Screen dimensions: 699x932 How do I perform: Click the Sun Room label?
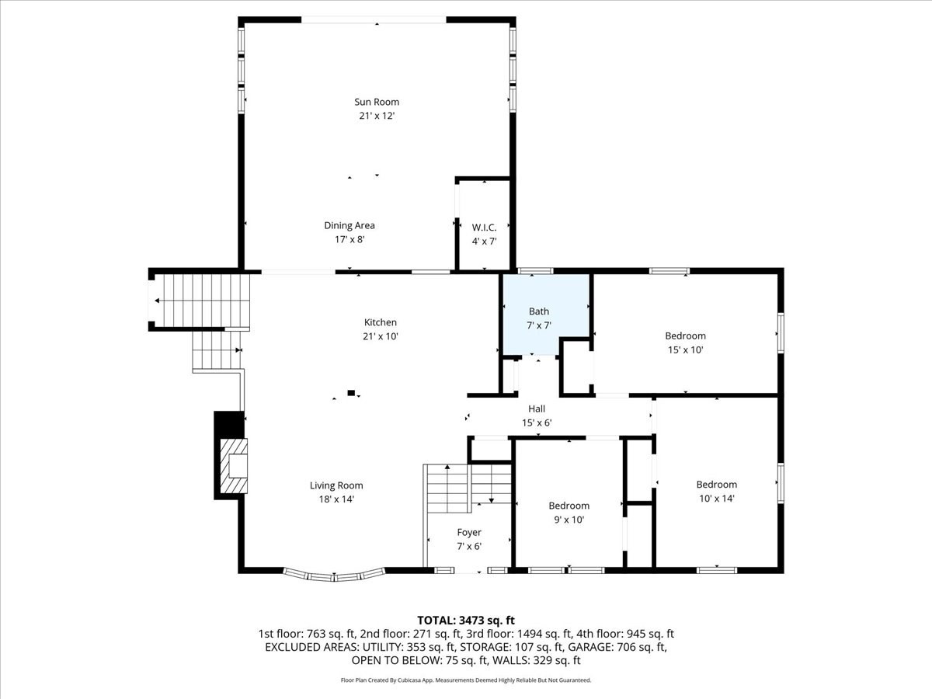(x=377, y=102)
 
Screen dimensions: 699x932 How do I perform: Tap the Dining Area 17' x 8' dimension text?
(x=349, y=240)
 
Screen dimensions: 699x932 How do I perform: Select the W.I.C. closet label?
(x=484, y=228)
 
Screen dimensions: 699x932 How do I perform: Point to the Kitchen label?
(x=381, y=322)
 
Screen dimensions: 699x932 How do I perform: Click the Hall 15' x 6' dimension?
(x=536, y=423)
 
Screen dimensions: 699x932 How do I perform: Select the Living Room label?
(x=336, y=485)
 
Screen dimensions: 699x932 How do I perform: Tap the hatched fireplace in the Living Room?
(x=235, y=466)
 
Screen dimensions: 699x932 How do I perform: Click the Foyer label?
(x=468, y=532)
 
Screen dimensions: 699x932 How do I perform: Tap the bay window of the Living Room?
(x=334, y=576)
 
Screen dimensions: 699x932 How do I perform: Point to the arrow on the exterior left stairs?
(x=158, y=301)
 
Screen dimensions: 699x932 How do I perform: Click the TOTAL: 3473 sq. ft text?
(x=466, y=620)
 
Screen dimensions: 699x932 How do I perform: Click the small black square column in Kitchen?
(x=351, y=393)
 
